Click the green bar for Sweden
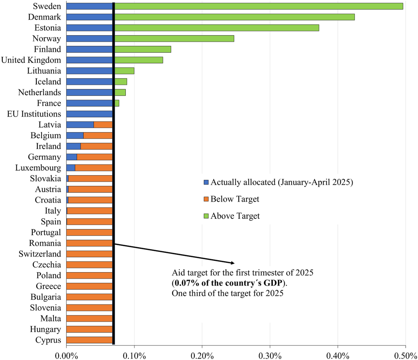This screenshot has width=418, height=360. (x=258, y=6)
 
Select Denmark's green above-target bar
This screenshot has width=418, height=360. (x=234, y=17)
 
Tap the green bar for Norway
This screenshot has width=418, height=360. (x=174, y=38)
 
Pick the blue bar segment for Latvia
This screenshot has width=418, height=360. (x=80, y=125)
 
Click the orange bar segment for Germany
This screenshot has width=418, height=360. (x=94, y=157)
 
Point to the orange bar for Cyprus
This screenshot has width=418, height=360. (x=89, y=340)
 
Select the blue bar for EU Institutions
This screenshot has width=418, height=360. (x=89, y=114)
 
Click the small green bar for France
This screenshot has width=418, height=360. (x=117, y=103)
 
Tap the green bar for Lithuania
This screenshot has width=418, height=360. (x=124, y=71)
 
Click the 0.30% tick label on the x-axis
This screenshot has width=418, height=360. (x=270, y=356)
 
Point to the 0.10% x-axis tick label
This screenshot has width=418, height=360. (x=134, y=356)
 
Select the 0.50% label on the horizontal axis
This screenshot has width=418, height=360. (x=405, y=356)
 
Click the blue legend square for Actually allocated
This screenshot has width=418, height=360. (x=206, y=182)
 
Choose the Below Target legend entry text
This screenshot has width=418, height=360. (x=235, y=199)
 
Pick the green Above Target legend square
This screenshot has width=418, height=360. (x=206, y=216)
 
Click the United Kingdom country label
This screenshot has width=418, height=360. (x=31, y=60)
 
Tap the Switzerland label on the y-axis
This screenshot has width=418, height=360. (x=40, y=254)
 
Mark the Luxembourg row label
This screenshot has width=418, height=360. (x=38, y=168)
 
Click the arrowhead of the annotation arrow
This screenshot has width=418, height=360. (x=233, y=263)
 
